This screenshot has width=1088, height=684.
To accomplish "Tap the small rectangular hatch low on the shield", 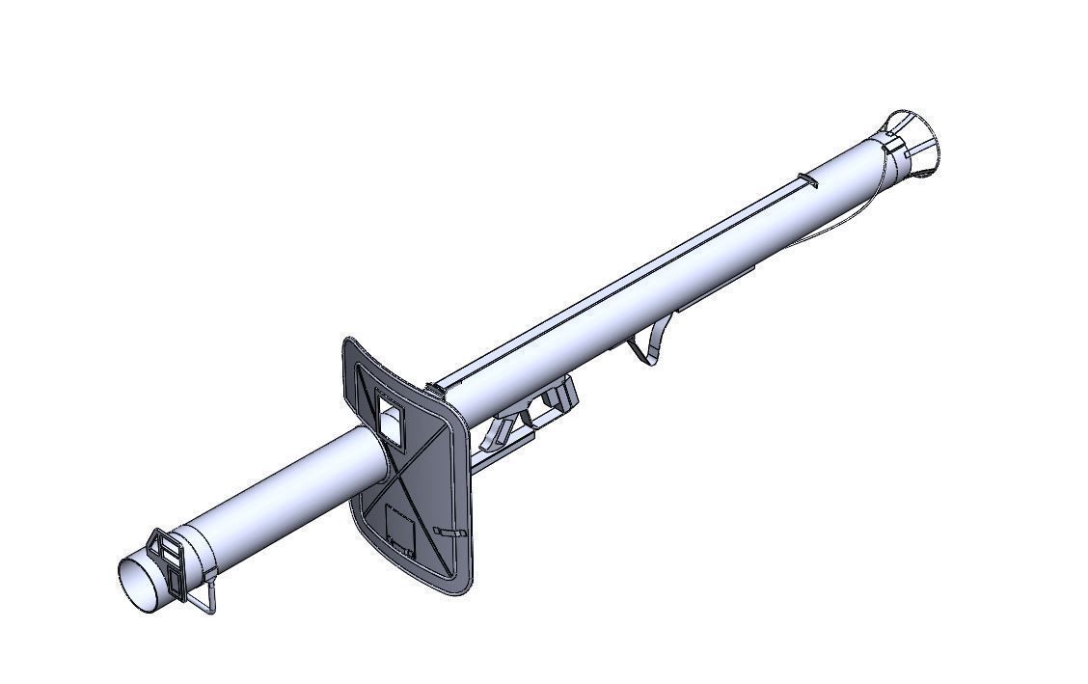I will pyautogui.click(x=399, y=528).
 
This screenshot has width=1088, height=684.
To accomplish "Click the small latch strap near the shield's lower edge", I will pyautogui.click(x=449, y=532).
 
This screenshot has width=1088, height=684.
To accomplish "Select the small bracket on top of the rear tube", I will pyautogui.click(x=807, y=180).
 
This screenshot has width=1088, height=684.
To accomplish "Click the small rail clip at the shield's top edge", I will pyautogui.click(x=435, y=389).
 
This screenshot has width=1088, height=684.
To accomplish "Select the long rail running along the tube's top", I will pyautogui.click(x=617, y=280).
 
